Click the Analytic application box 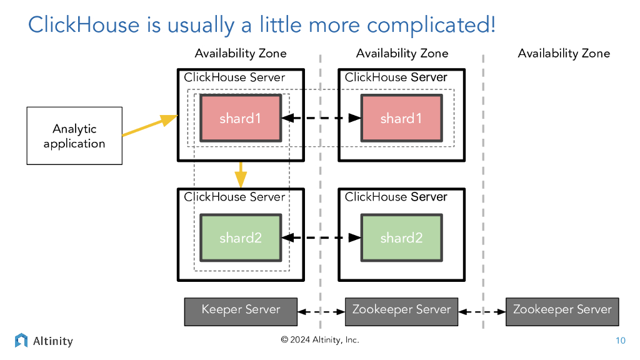tap(74, 136)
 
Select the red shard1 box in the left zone tap(241, 118)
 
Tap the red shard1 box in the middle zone tap(401, 118)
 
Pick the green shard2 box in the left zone tap(241, 237)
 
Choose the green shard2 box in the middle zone tap(401, 237)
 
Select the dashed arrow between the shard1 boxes tap(321, 118)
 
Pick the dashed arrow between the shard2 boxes tap(321, 237)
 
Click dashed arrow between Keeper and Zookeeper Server tap(321, 311)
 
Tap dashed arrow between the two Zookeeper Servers tap(482, 311)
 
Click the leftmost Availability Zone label tap(241, 54)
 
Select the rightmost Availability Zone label tap(564, 54)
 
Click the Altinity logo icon tap(21, 341)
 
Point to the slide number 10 tap(620, 341)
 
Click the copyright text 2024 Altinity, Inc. tap(320, 340)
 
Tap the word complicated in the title tap(431, 25)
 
